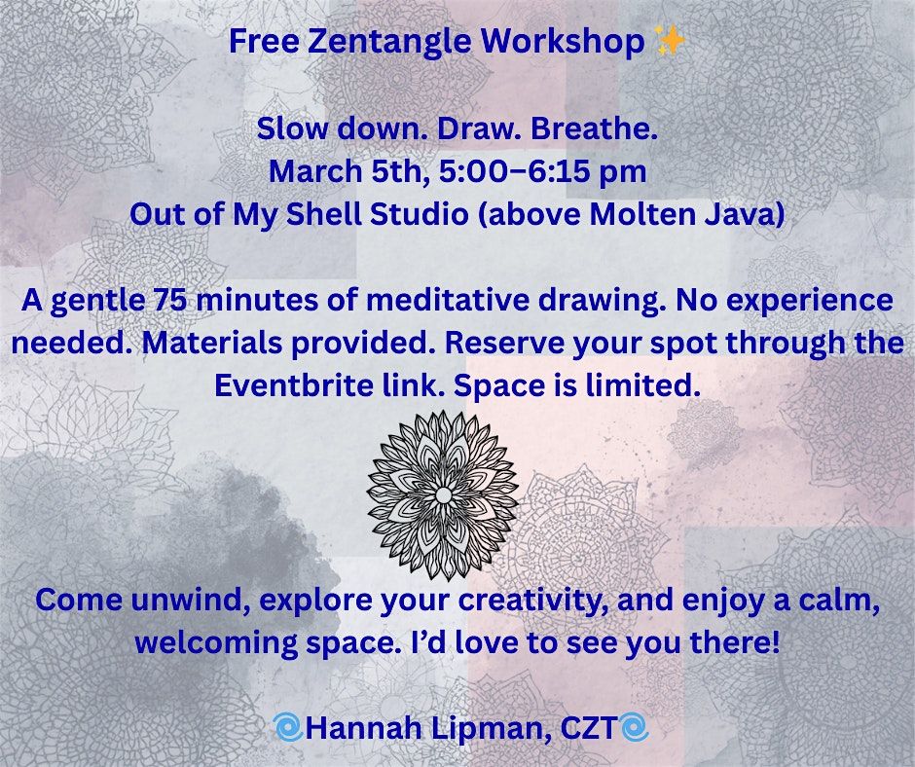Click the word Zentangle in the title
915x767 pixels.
(389, 42)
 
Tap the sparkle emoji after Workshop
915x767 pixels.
(670, 41)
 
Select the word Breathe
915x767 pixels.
(595, 128)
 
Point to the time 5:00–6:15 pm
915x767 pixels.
(542, 171)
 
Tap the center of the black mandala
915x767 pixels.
(443, 495)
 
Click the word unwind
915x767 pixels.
(191, 600)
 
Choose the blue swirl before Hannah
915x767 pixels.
(288, 728)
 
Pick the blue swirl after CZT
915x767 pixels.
(634, 728)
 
